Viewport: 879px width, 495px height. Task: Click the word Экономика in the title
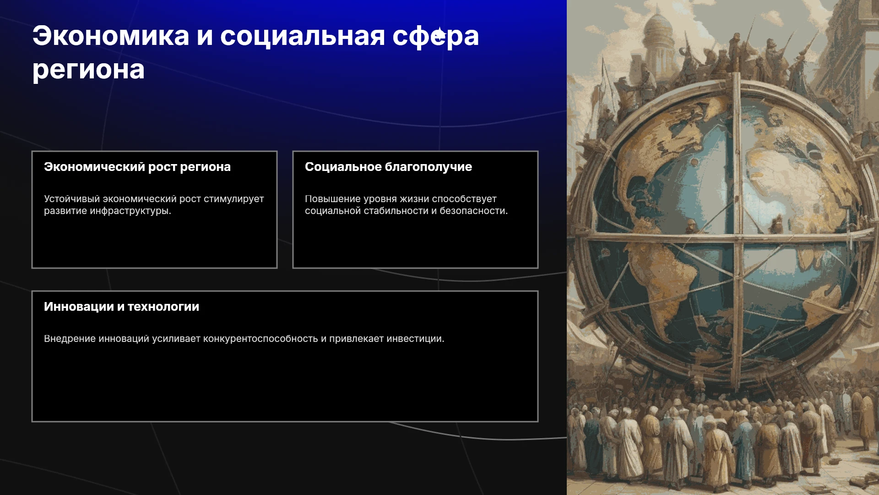(111, 36)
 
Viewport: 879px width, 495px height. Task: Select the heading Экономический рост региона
(137, 167)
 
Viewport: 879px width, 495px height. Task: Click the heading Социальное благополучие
(388, 167)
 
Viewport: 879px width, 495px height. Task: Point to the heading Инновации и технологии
(122, 307)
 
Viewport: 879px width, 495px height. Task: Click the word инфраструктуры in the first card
(130, 211)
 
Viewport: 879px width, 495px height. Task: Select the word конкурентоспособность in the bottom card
(260, 339)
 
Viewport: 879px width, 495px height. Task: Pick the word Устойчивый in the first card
(72, 199)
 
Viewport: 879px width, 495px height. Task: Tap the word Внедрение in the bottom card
(70, 339)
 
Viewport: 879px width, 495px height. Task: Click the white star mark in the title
(439, 34)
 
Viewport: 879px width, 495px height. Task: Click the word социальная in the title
(303, 36)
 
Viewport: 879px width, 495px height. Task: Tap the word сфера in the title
(436, 37)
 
